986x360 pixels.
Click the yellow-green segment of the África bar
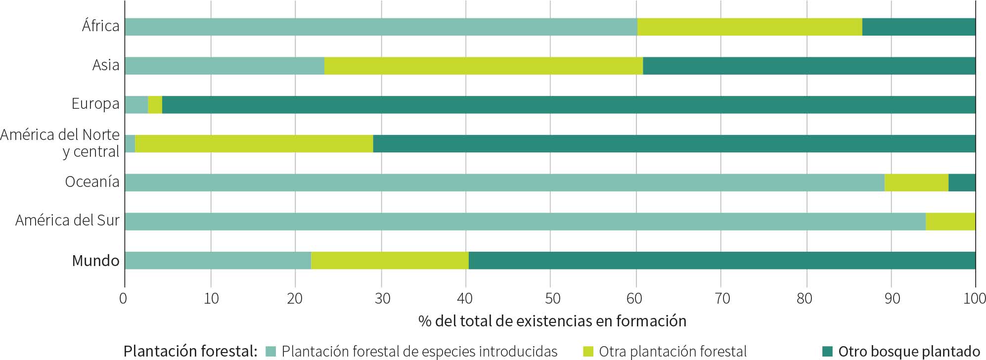point(749,27)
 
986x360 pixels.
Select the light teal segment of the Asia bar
point(224,66)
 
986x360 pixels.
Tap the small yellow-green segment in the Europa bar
point(155,105)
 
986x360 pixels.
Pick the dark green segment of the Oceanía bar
point(962,182)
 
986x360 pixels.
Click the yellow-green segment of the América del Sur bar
point(950,222)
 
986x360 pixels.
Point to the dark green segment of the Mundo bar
point(722,261)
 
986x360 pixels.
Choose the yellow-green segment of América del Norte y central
point(254,143)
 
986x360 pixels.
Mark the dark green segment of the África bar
point(919,27)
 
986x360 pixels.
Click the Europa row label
point(95,104)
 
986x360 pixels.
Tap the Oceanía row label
point(92,182)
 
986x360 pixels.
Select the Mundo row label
point(95,261)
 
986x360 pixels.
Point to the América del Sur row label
point(67,221)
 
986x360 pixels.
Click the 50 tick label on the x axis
point(552,299)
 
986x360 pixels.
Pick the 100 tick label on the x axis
point(975,299)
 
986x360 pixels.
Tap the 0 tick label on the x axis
point(123,299)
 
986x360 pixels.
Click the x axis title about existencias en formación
point(552,321)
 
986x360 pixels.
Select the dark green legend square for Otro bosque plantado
point(827,352)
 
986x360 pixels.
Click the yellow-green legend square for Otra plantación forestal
point(588,352)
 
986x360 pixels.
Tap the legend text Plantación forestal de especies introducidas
point(419,352)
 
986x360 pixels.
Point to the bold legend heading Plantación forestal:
point(190,352)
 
